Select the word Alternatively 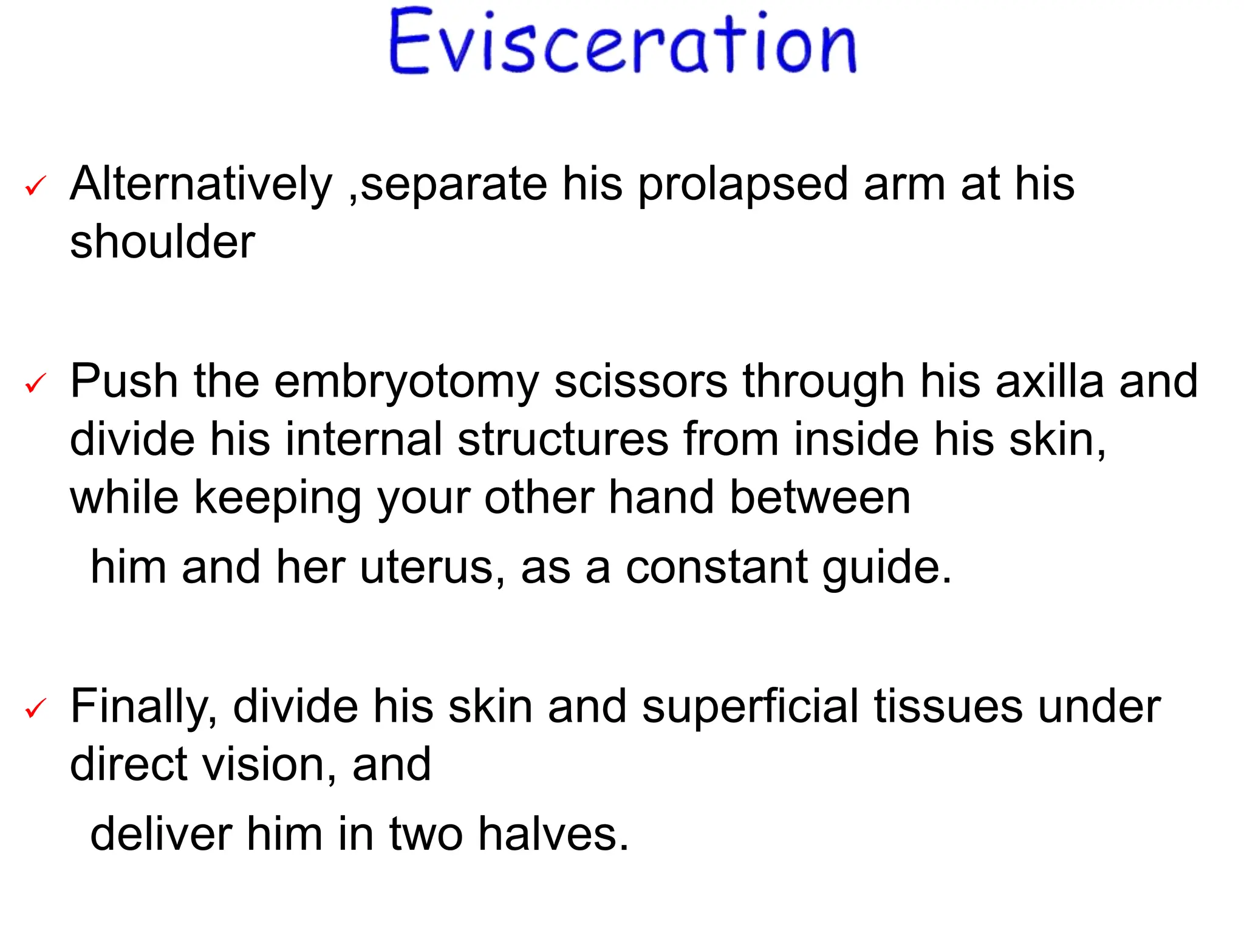(x=201, y=184)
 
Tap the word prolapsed (x=742, y=184)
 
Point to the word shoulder (x=162, y=242)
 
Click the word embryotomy (x=406, y=382)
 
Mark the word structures (x=563, y=439)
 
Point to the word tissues (x=948, y=706)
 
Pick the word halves (x=552, y=834)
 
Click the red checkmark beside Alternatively (x=36, y=186)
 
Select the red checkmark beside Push (x=36, y=383)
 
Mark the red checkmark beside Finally (x=36, y=708)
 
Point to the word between (x=820, y=497)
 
